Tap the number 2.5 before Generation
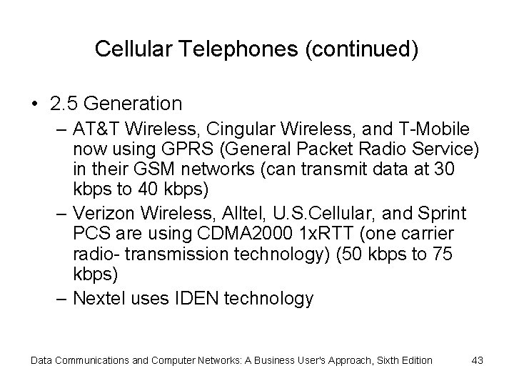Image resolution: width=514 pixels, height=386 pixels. click(x=66, y=104)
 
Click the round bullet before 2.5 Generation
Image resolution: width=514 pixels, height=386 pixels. click(x=34, y=104)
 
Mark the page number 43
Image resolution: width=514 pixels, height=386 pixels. click(x=478, y=360)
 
